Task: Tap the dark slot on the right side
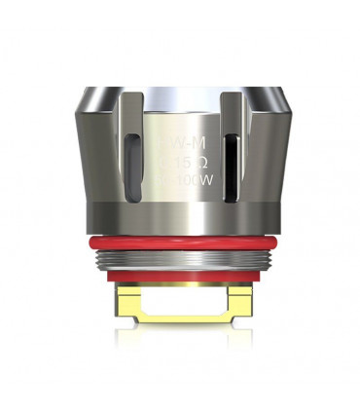pyautogui.click(x=230, y=160)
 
